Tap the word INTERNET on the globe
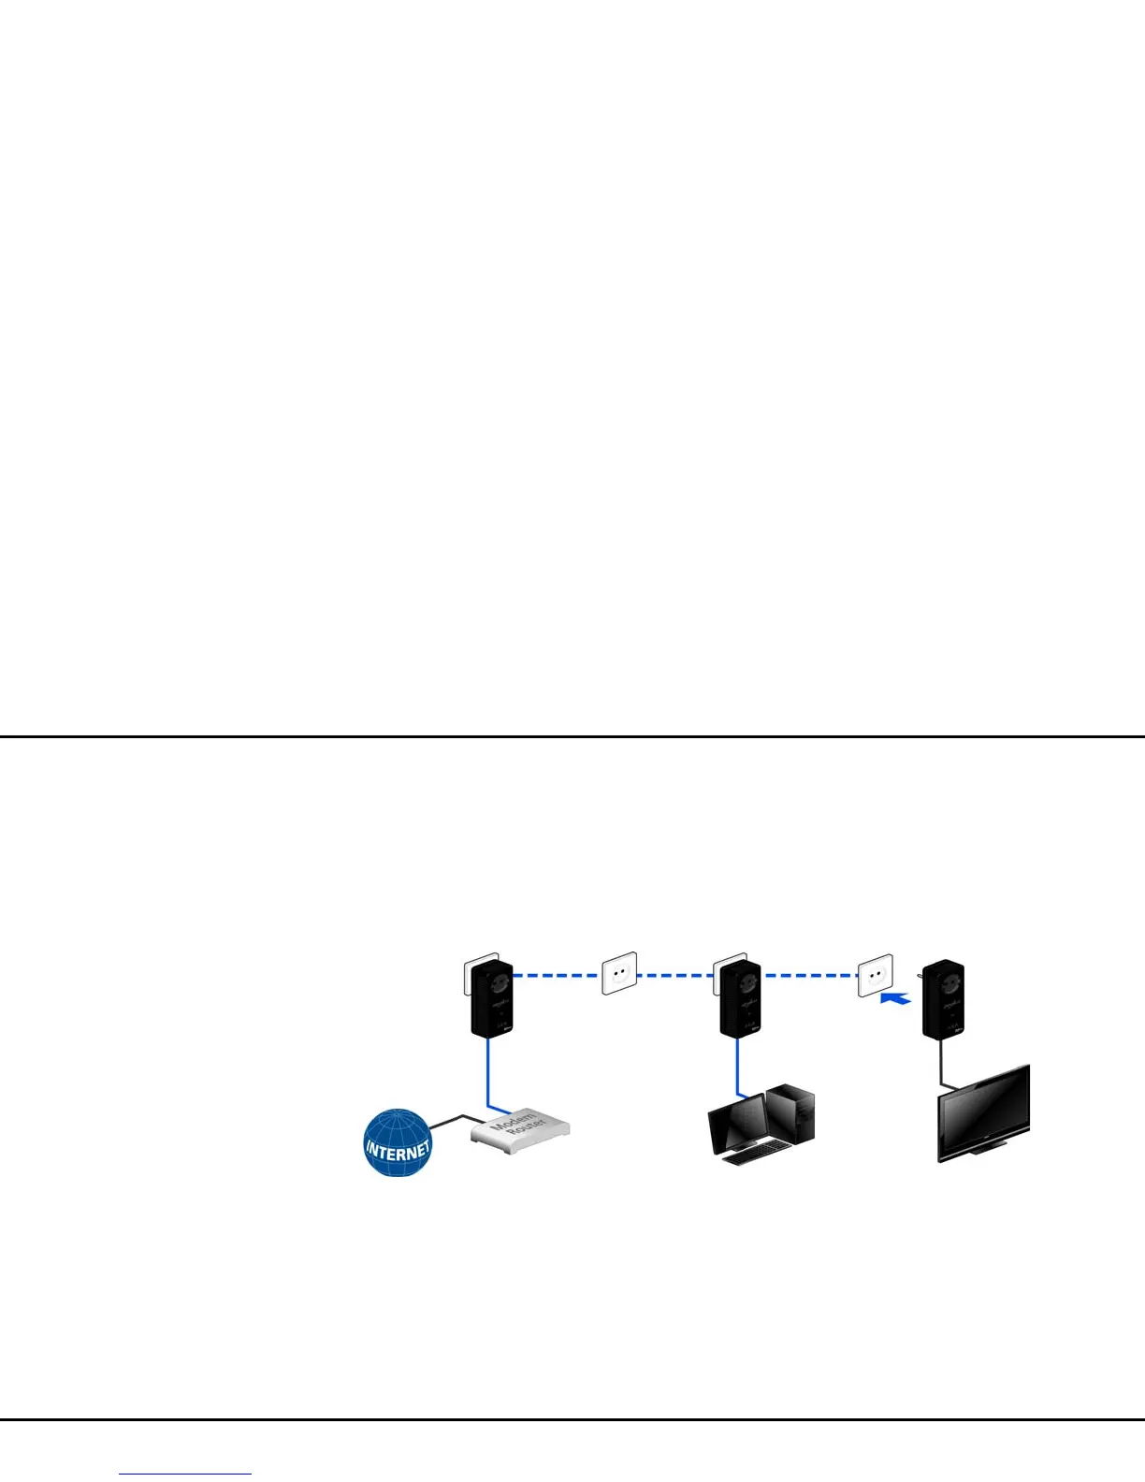pyautogui.click(x=398, y=1149)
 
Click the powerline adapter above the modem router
pyautogui.click(x=491, y=999)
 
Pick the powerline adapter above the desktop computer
pyautogui.click(x=740, y=999)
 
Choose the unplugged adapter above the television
pyautogui.click(x=943, y=999)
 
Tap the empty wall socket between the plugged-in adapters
pyautogui.click(x=618, y=973)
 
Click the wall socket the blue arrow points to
pyautogui.click(x=876, y=976)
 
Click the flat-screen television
pyautogui.click(x=984, y=1113)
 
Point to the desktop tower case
pyautogui.click(x=790, y=1113)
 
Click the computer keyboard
pyautogui.click(x=753, y=1155)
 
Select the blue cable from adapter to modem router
pyautogui.click(x=488, y=1071)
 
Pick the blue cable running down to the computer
pyautogui.click(x=737, y=1067)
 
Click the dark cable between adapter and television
pyautogui.click(x=941, y=1062)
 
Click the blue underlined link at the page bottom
pyautogui.click(x=186, y=1474)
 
